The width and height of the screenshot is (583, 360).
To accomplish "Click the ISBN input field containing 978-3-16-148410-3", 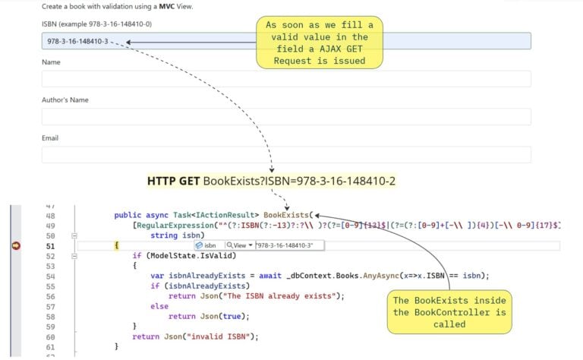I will [x=190, y=41].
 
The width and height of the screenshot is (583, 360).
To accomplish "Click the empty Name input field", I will [x=286, y=78].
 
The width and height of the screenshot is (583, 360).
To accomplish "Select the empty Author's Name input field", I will [x=286, y=116].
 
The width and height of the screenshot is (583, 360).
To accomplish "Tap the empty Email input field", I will [x=286, y=154].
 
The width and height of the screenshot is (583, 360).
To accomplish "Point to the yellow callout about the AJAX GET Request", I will [x=320, y=43].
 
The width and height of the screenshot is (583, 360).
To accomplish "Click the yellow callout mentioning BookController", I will [x=450, y=311].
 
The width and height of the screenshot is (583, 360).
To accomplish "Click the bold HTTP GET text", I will [x=174, y=182].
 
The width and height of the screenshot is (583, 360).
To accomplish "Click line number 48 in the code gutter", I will [x=51, y=216].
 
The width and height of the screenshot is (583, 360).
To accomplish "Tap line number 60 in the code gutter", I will [x=51, y=336].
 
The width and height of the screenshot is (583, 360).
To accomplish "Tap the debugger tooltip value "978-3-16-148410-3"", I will [x=288, y=245].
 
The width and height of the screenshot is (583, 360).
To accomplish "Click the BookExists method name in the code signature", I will [x=286, y=216].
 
